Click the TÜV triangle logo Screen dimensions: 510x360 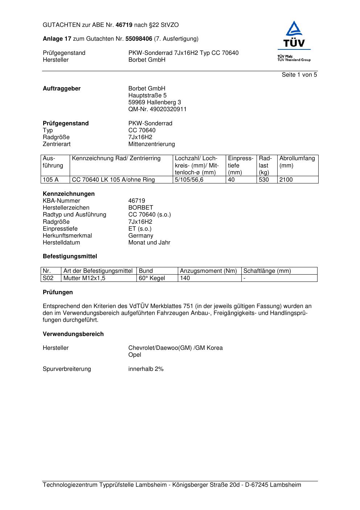[x=293, y=30]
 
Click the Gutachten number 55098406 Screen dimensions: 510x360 [x=139, y=39]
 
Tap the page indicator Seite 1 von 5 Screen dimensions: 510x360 [x=299, y=75]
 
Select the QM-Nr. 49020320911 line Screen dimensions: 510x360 [x=157, y=109]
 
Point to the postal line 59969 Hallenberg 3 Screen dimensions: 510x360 [x=155, y=102]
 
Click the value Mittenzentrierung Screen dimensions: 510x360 [x=151, y=144]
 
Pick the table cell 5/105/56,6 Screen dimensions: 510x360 [x=189, y=180]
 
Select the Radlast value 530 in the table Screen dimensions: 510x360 [x=264, y=180]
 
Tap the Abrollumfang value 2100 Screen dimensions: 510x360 [x=286, y=180]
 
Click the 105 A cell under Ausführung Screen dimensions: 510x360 [x=51, y=180]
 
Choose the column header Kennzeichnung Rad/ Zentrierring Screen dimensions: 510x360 [x=116, y=158]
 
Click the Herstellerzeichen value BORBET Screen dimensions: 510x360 [x=141, y=208]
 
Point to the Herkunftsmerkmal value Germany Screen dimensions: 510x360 [x=141, y=236]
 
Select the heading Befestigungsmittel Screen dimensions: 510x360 [x=70, y=256]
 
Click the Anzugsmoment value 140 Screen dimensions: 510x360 [x=185, y=278]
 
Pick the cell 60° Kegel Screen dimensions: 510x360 [x=152, y=278]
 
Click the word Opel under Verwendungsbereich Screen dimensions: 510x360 [x=135, y=355]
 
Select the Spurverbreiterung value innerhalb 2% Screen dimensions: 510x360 [x=146, y=369]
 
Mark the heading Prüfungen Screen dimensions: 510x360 [x=58, y=292]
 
